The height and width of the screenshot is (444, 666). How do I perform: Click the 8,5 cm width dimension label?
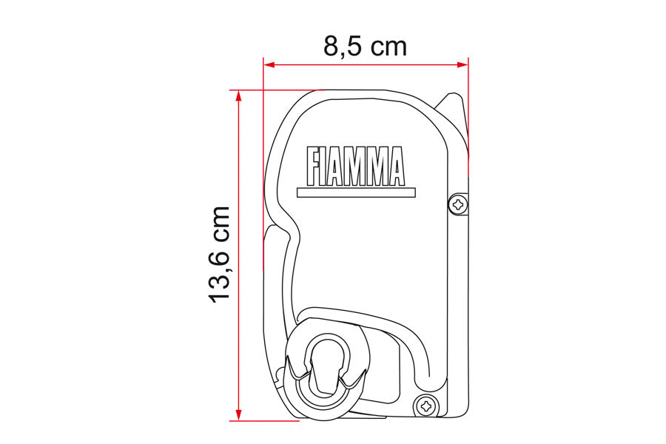coord(366,46)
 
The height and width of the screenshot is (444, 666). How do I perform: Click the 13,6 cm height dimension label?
coord(220,255)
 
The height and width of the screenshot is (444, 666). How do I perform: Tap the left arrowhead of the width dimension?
coord(269,64)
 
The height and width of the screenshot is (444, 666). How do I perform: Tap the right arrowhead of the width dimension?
coord(462,64)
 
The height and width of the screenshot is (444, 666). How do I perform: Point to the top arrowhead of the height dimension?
coord(239,95)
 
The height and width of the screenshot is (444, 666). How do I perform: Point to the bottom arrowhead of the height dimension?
coord(239,415)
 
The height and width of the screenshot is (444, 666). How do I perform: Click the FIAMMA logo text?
coord(355,166)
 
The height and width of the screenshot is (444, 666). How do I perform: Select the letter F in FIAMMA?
coord(312,166)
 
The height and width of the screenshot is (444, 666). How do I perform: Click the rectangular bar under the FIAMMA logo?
coord(356,193)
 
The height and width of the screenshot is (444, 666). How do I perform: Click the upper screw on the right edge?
coord(459,205)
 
